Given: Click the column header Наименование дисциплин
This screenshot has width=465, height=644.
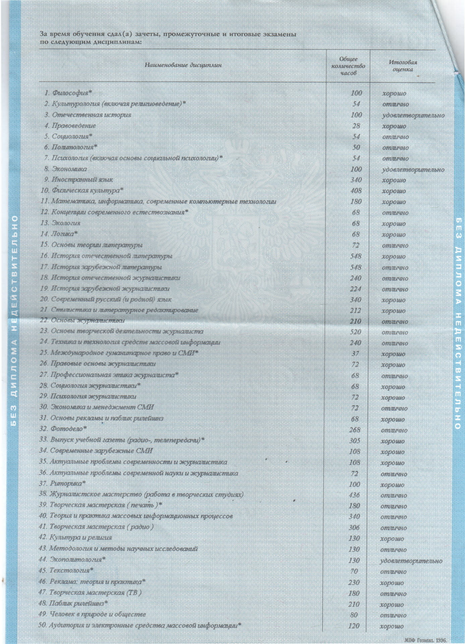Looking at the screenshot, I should pyautogui.click(x=183, y=65).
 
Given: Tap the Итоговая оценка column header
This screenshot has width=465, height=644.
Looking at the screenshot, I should pyautogui.click(x=403, y=66).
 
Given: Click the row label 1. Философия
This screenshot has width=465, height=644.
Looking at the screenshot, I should pyautogui.click(x=69, y=93).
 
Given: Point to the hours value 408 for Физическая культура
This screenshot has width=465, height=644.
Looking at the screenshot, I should pyautogui.click(x=356, y=191).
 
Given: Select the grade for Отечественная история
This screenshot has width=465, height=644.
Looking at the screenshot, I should pyautogui.click(x=413, y=115).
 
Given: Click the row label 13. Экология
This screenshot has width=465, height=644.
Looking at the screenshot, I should pyautogui.click(x=60, y=223).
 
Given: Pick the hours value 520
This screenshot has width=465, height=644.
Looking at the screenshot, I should pyautogui.click(x=355, y=332).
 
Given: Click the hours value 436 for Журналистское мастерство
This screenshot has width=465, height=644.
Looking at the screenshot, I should pyautogui.click(x=354, y=495).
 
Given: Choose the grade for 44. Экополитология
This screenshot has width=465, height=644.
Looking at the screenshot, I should pyautogui.click(x=411, y=561).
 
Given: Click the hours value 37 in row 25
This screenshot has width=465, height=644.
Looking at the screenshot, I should pyautogui.click(x=355, y=354).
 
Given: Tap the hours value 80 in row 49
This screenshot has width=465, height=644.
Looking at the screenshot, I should pyautogui.click(x=354, y=615).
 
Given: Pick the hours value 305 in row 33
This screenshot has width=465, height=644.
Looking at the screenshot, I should pyautogui.click(x=355, y=441).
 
